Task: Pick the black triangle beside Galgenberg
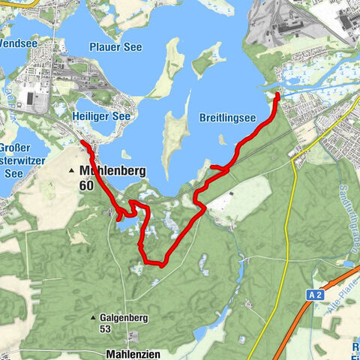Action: click(x=93, y=318)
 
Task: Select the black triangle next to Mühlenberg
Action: click(x=72, y=171)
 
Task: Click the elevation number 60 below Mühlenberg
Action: click(x=87, y=185)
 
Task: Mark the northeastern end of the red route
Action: click(x=277, y=95)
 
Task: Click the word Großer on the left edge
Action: click(x=15, y=148)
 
